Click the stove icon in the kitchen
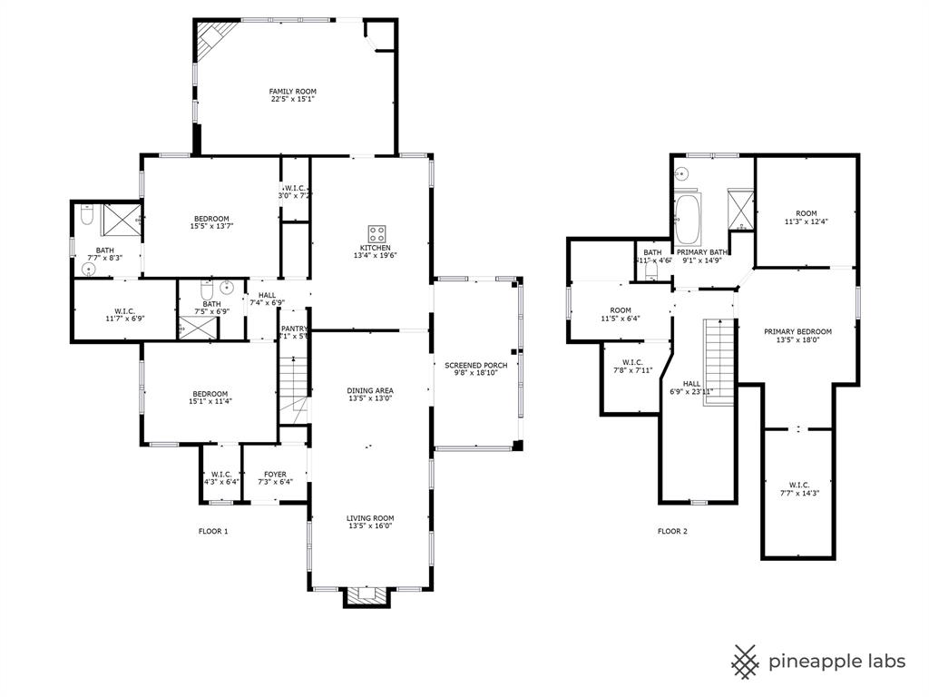point(376,233)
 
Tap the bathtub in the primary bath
point(688,219)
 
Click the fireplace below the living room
point(368,596)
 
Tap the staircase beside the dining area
point(293,388)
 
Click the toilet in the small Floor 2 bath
point(650,270)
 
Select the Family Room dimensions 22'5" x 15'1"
point(293,101)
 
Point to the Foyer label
point(275,474)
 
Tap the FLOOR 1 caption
point(213,531)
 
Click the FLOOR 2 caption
point(672,531)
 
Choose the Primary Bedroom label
point(797,331)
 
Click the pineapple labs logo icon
point(746,661)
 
